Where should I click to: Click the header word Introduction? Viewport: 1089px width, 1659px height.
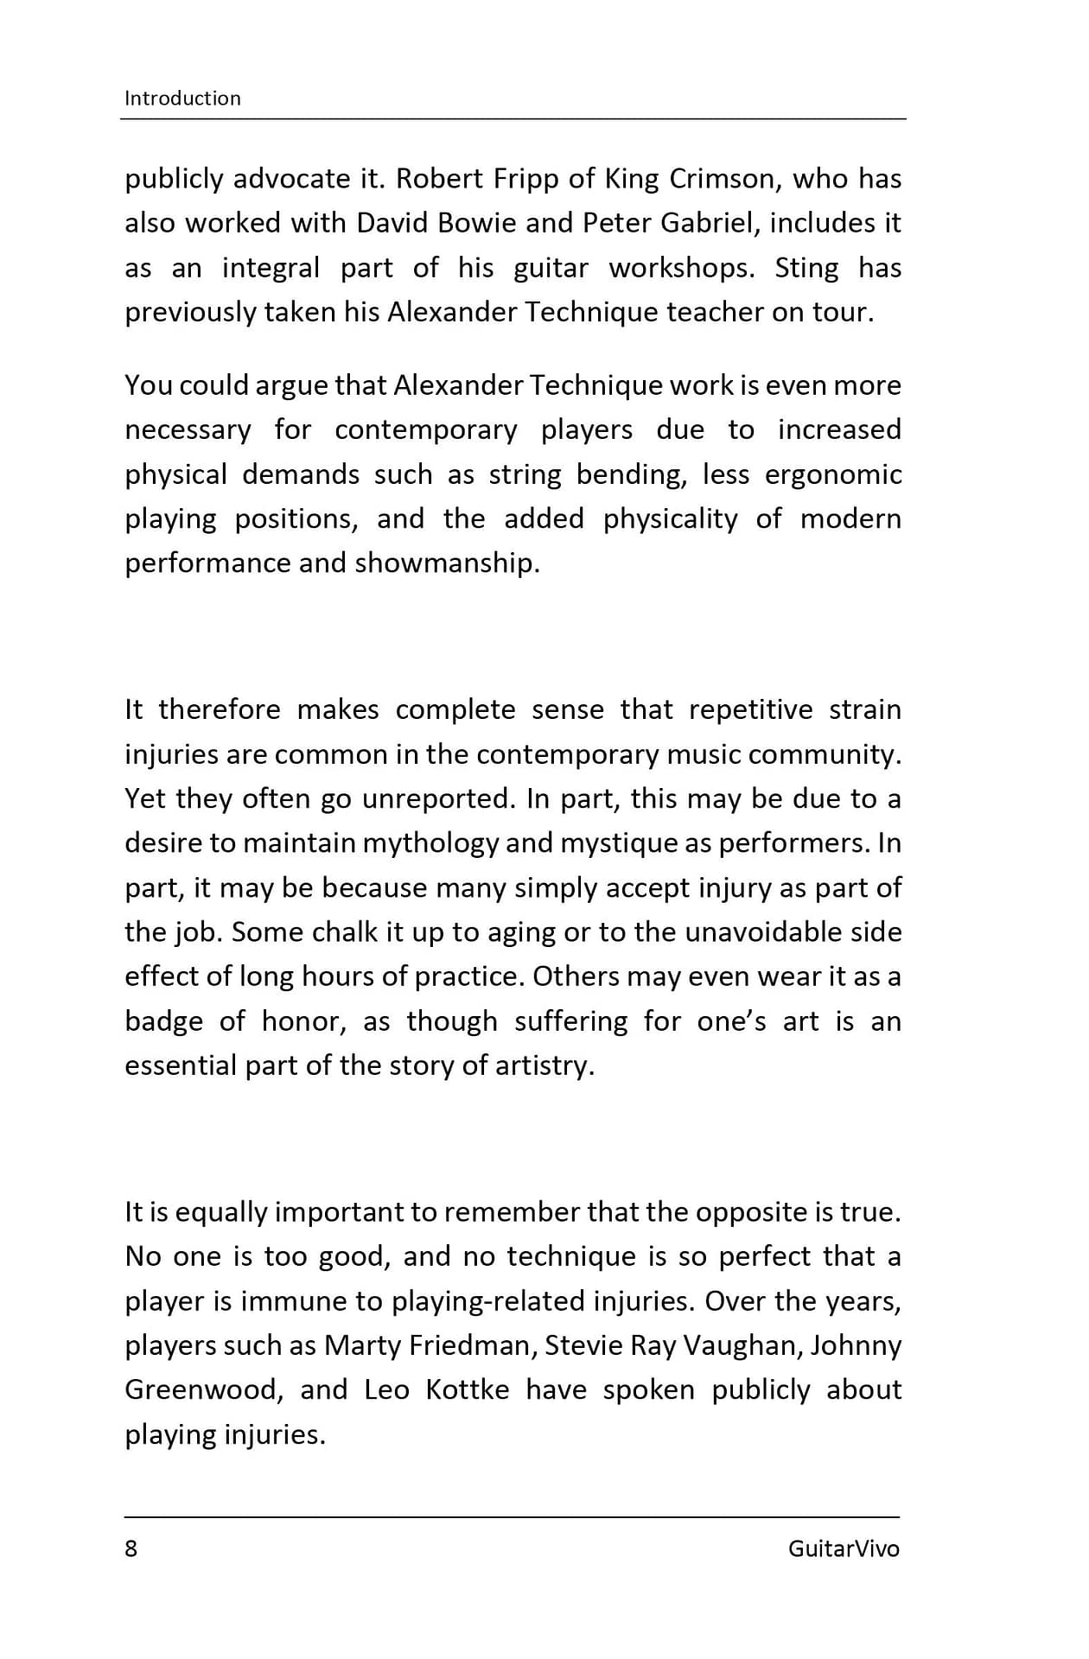coord(182,99)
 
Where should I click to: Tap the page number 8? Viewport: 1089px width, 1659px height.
coord(131,1548)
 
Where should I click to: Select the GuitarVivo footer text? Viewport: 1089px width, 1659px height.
coord(843,1548)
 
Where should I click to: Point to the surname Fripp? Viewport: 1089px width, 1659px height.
coord(527,179)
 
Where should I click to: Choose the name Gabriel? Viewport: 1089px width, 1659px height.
coord(707,223)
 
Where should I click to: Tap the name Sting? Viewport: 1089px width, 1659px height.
coord(806,268)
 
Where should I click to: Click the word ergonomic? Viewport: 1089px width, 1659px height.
coord(833,474)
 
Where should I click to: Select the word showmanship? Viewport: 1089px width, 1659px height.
coord(447,563)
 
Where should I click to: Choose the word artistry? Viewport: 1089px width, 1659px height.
coord(544,1066)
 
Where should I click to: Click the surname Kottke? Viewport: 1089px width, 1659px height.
coord(467,1390)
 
